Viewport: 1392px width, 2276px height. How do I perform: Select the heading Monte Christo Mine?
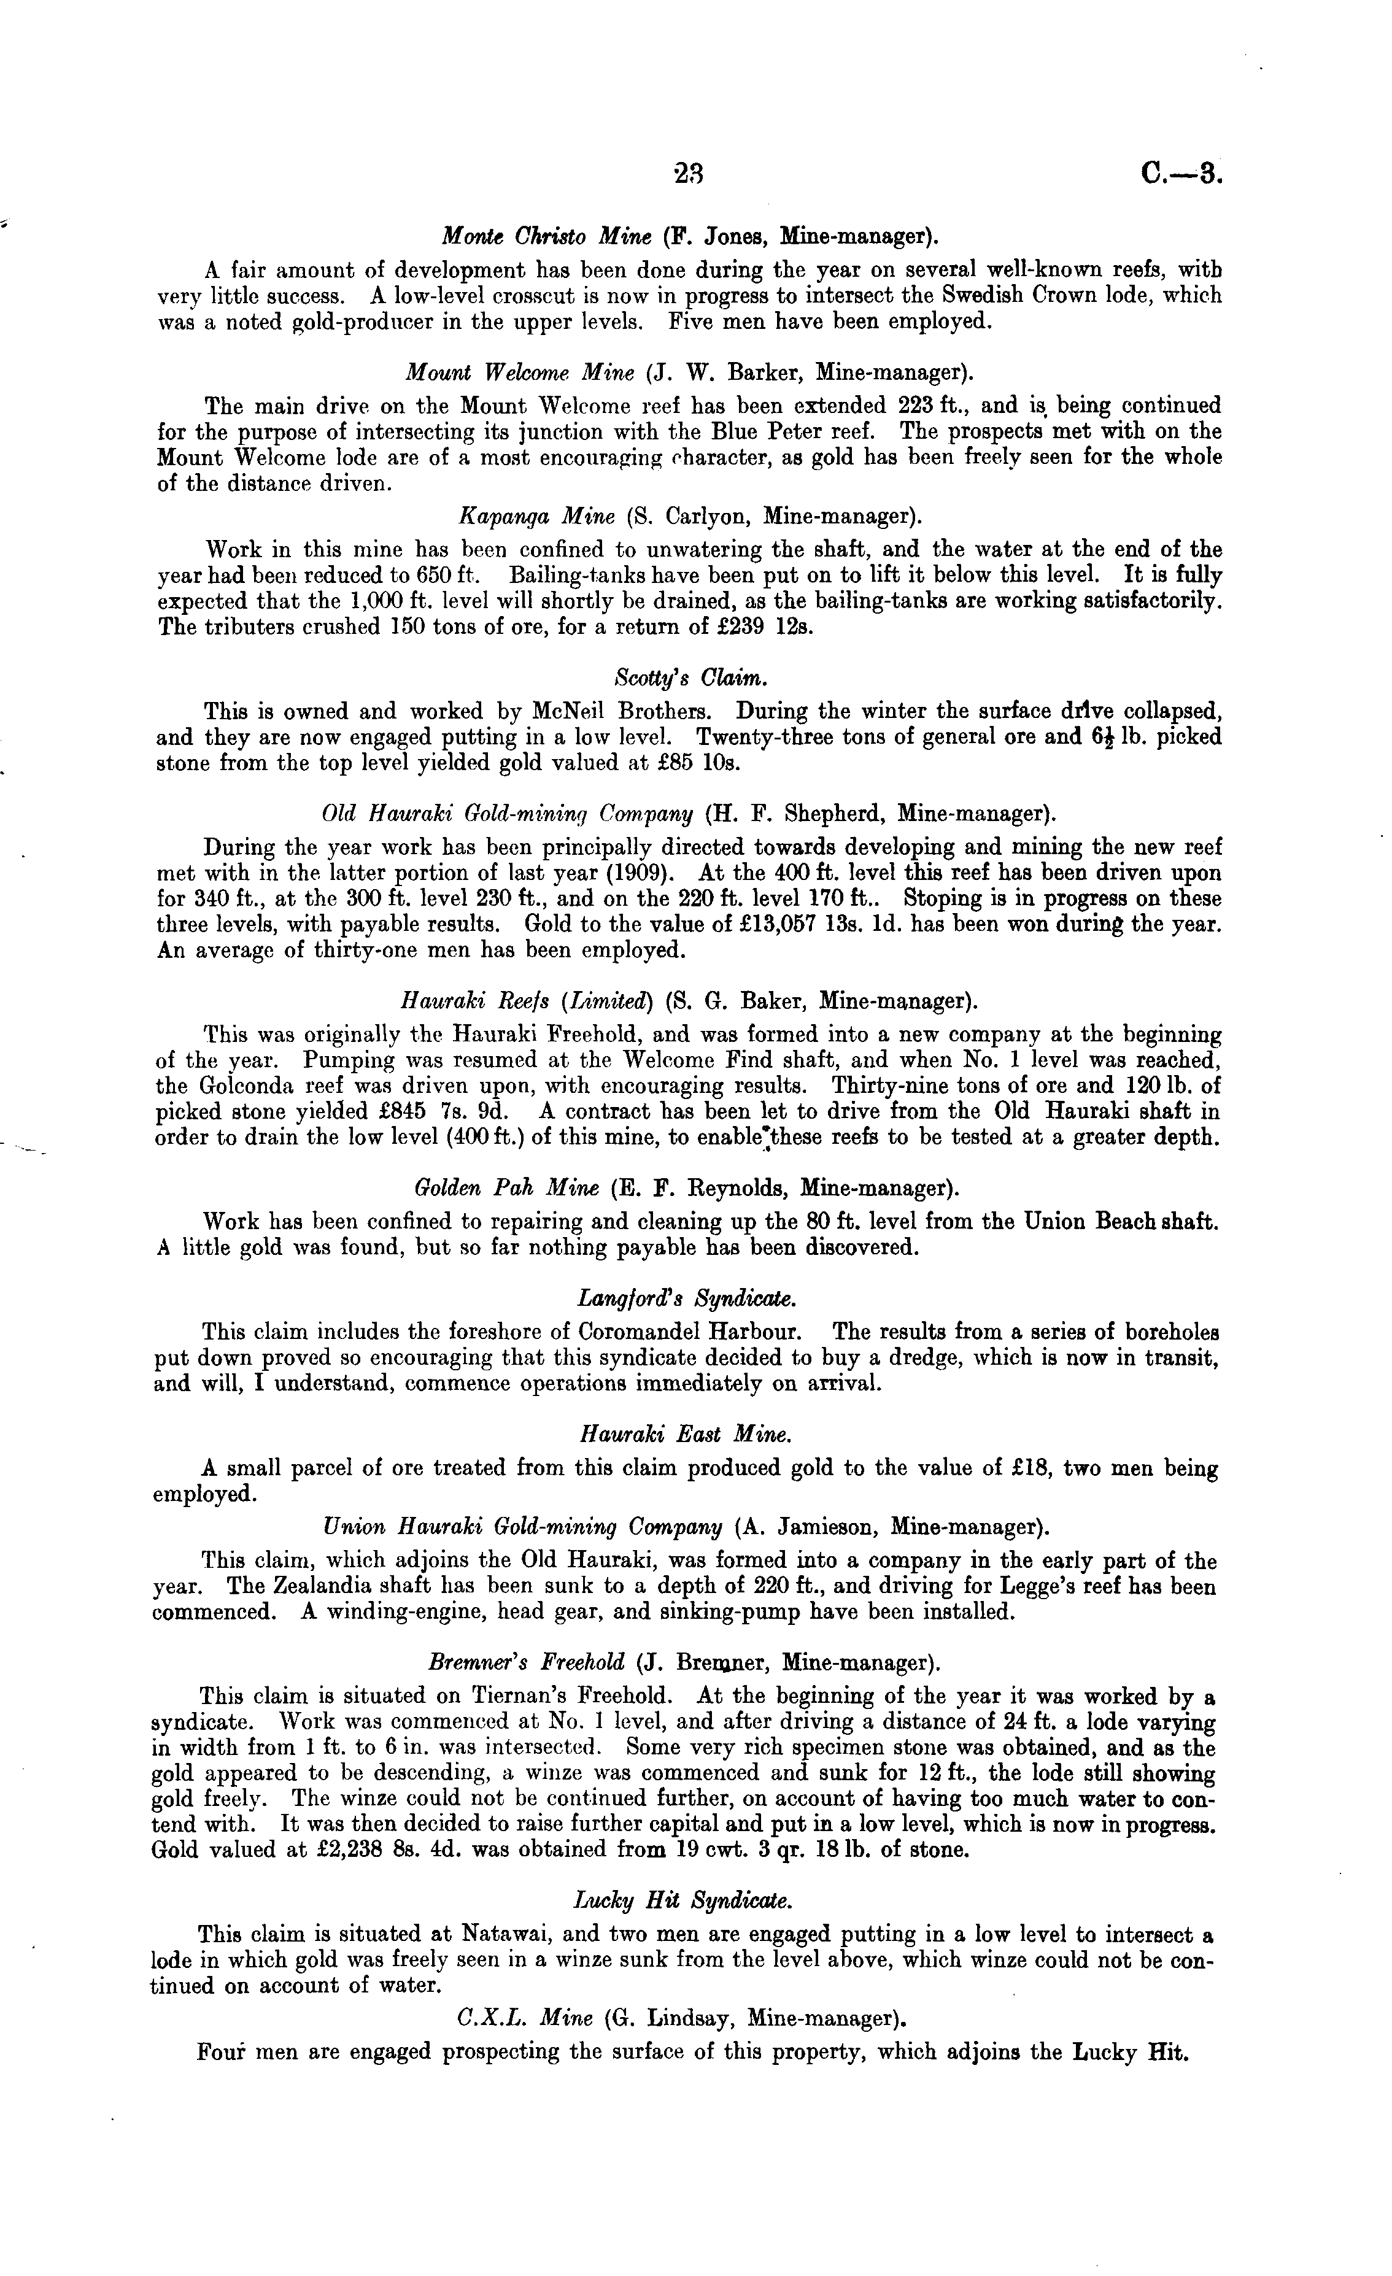point(547,236)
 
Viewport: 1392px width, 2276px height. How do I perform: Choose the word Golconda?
point(243,1086)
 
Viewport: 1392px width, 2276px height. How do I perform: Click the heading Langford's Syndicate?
point(686,1298)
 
